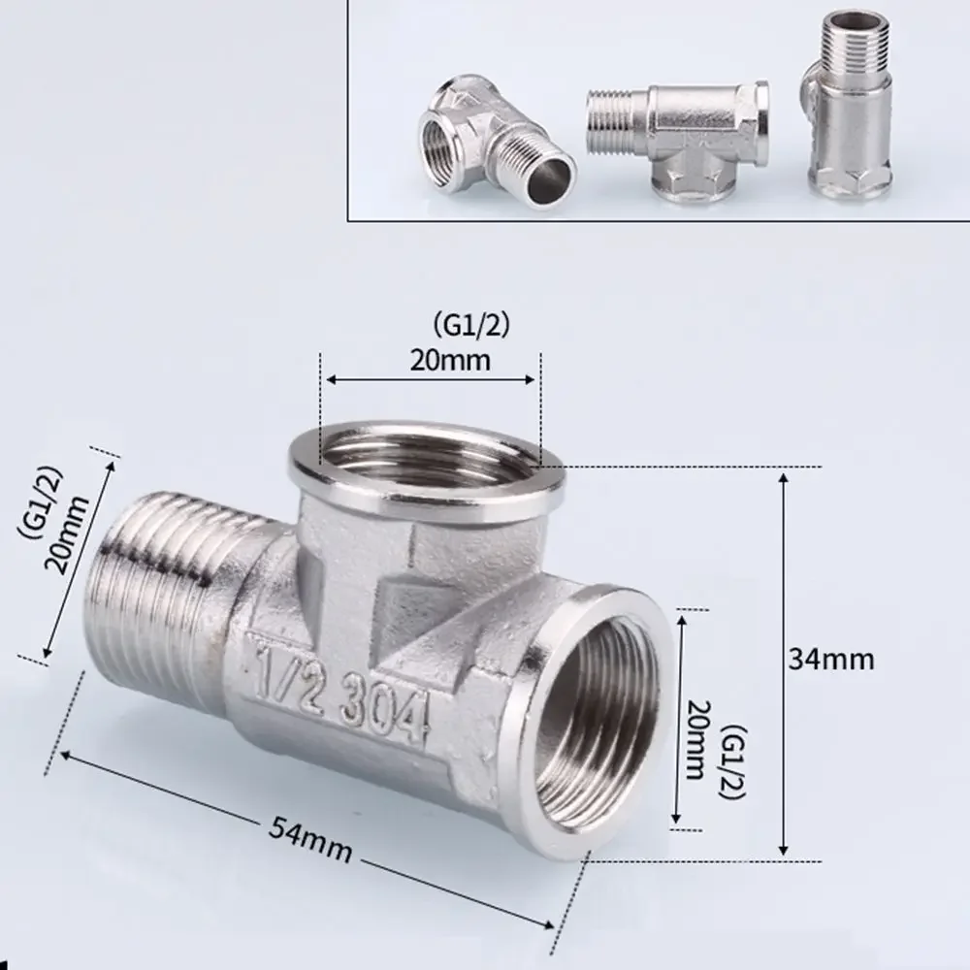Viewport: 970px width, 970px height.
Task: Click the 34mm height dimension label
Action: coord(832,660)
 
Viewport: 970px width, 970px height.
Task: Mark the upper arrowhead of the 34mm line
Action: coord(785,479)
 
